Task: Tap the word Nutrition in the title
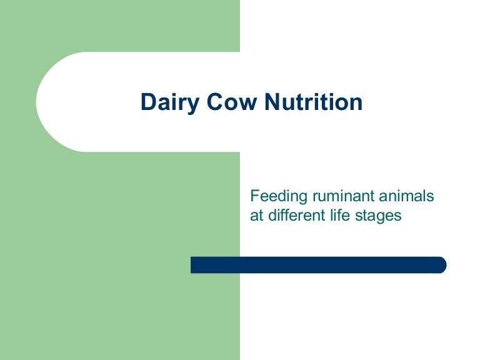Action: [x=312, y=102]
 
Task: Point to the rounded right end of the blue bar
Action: [x=441, y=265]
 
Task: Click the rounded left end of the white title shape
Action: [x=47, y=102]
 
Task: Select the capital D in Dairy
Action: [x=147, y=102]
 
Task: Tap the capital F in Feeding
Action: [x=254, y=196]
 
